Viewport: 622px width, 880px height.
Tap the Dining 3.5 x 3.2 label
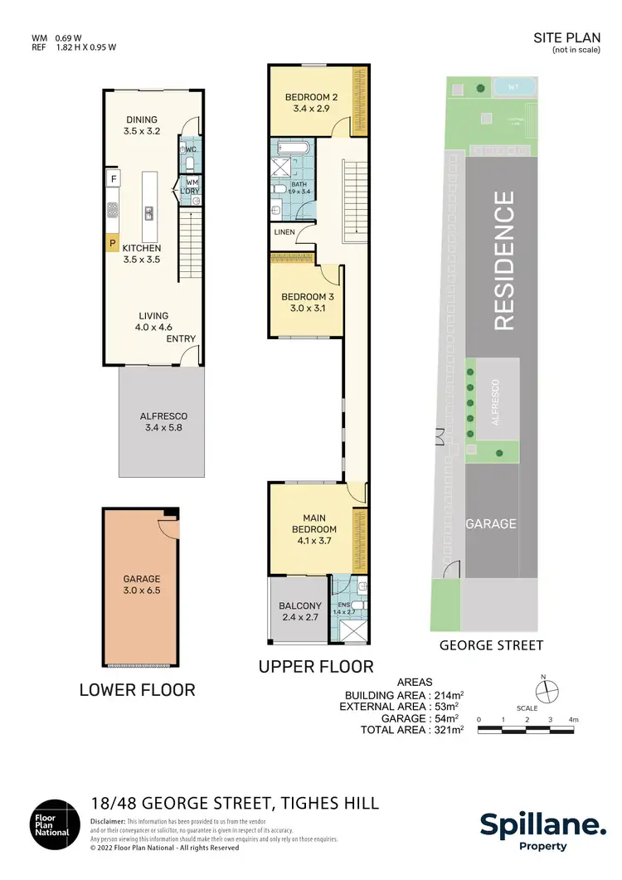(142, 125)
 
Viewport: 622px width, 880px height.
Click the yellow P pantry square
(111, 243)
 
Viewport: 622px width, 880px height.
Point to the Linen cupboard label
(284, 232)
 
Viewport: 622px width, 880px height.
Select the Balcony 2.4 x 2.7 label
(299, 610)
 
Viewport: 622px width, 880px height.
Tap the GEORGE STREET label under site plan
(491, 644)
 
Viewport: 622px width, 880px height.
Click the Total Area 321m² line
(411, 730)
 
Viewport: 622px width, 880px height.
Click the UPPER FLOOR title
(317, 666)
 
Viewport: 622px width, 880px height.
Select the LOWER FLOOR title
(138, 689)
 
